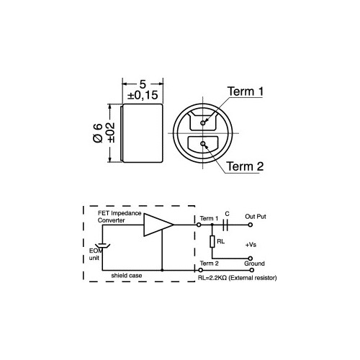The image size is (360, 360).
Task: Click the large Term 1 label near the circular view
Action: (x=246, y=91)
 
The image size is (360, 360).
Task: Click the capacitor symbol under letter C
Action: (x=227, y=224)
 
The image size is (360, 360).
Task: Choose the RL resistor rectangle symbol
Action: (x=212, y=243)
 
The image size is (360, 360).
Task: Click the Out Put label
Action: (x=256, y=217)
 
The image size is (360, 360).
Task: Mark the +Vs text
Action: (x=251, y=245)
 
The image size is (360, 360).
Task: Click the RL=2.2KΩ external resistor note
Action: (x=236, y=277)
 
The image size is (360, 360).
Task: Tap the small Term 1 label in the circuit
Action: (x=208, y=217)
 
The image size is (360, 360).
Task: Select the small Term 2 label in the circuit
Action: (x=208, y=264)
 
